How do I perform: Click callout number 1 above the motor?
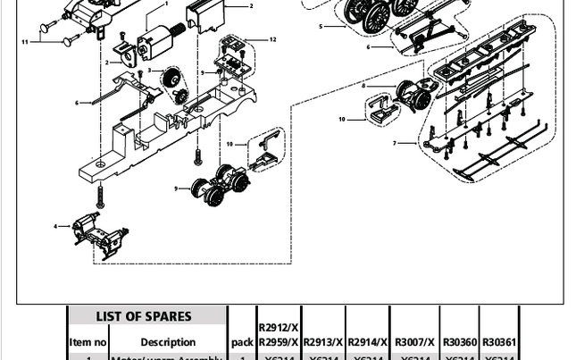[x=166, y=4]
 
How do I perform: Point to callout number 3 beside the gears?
[x=149, y=71]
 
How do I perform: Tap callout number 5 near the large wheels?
[x=321, y=27]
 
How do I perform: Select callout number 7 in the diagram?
[x=395, y=143]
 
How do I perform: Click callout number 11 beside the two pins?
[x=25, y=42]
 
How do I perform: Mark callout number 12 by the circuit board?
[x=272, y=40]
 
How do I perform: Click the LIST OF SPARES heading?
[x=144, y=316]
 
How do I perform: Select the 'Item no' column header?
[x=88, y=342]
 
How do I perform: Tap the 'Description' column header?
[x=168, y=342]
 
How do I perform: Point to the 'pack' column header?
[x=242, y=342]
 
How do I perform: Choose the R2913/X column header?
[x=323, y=342]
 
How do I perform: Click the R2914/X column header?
[x=368, y=342]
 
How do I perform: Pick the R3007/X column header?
[x=415, y=342]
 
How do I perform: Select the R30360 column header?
[x=460, y=342]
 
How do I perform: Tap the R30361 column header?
[x=499, y=342]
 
